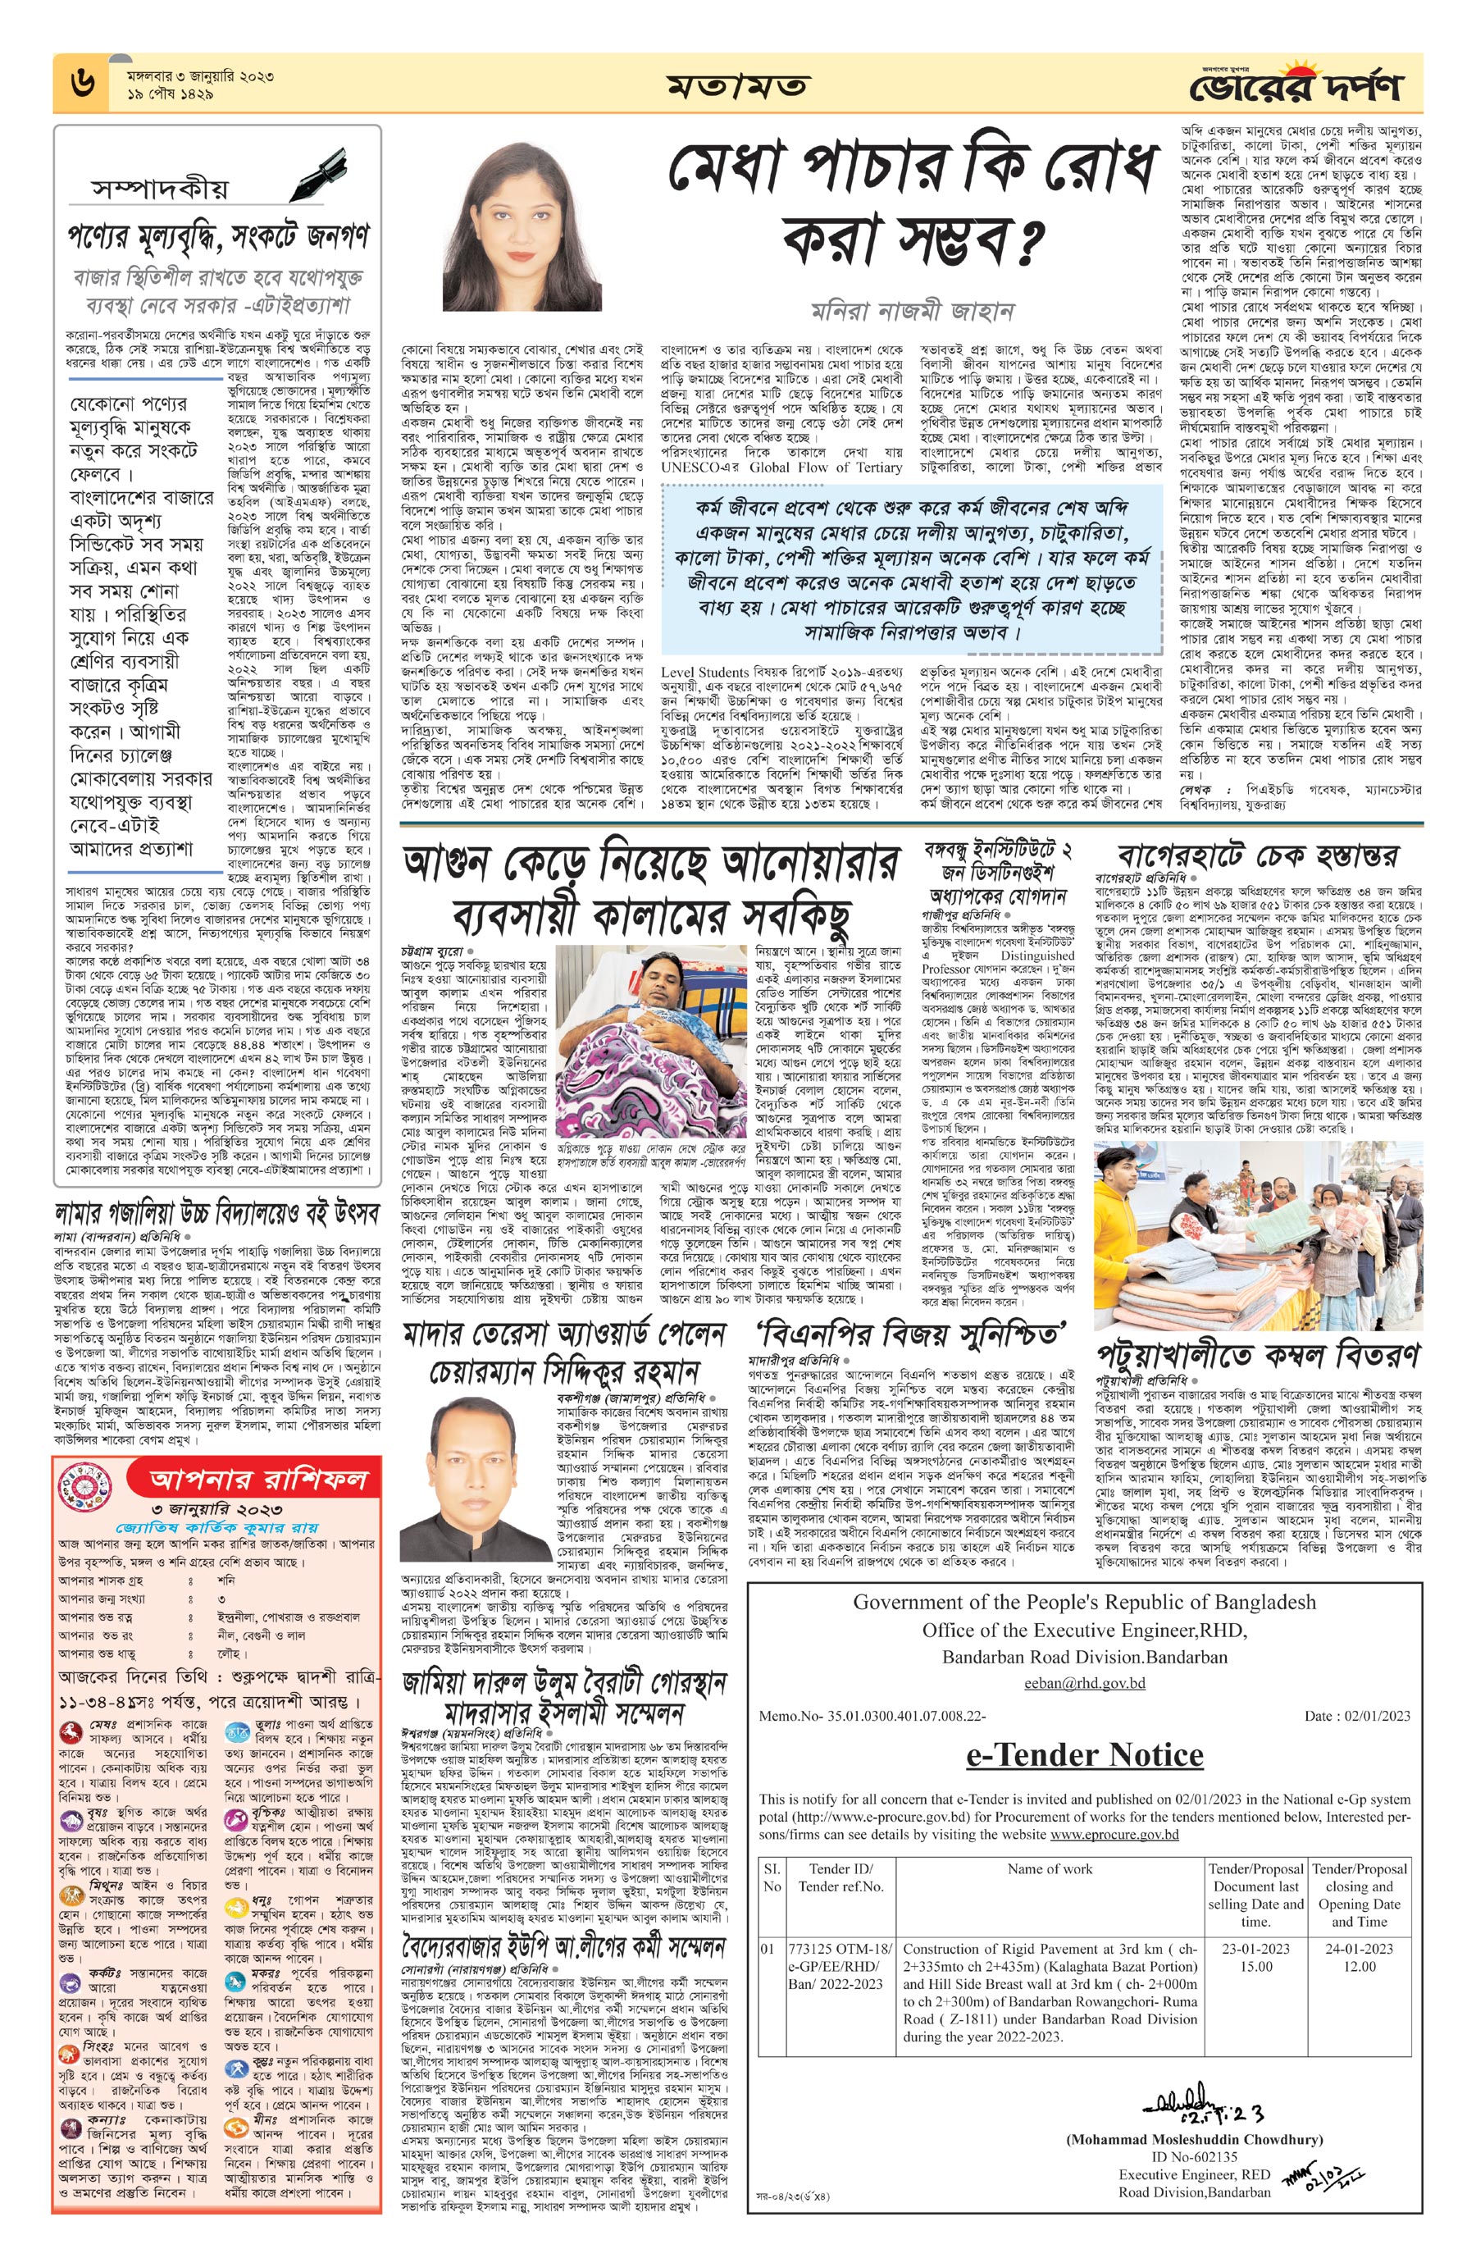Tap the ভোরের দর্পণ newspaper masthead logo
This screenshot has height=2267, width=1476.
1294,87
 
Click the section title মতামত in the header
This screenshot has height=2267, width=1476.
737,87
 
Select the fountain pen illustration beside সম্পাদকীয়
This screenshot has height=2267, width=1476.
314,171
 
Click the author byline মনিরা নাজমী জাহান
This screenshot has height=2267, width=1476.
911,311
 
